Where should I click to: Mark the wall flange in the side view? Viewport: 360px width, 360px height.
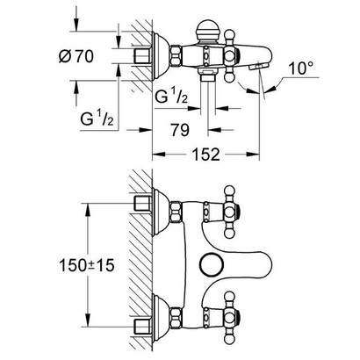(x=159, y=56)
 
